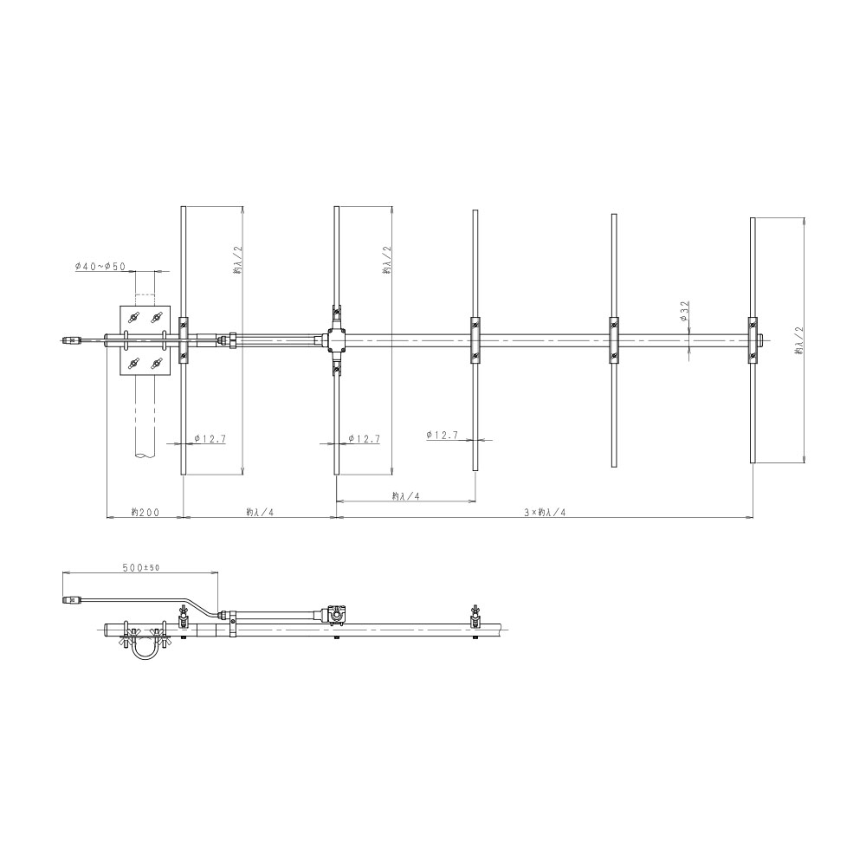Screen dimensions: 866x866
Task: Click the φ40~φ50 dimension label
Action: pos(100,267)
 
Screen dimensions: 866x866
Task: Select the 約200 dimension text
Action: pos(145,512)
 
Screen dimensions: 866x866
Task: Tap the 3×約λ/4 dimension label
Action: pos(545,512)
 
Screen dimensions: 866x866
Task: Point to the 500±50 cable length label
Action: pos(141,567)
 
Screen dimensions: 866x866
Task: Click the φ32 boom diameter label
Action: pos(684,312)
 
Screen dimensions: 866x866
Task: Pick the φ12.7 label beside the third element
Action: pos(443,435)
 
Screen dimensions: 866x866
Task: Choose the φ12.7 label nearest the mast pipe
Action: pos(210,438)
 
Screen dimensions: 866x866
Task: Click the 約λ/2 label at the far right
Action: pos(799,340)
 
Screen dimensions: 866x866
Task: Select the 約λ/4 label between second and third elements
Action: pos(406,496)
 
